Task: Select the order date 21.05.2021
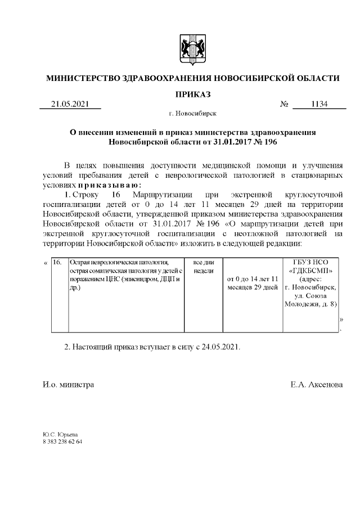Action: coord(70,104)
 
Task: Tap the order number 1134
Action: coord(319,104)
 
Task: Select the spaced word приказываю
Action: coord(110,185)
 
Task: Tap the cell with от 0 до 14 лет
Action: coord(253,283)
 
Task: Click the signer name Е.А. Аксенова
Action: coord(314,385)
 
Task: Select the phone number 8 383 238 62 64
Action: coord(62,442)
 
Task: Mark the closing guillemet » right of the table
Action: coord(341,319)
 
